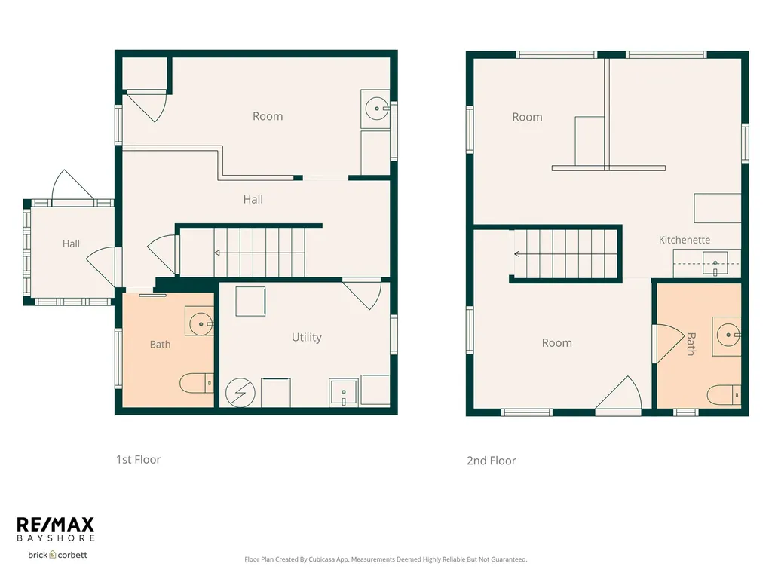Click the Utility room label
click(306, 337)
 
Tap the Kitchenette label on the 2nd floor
click(685, 240)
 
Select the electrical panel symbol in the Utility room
click(240, 392)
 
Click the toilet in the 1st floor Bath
click(197, 383)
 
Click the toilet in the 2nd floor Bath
click(724, 394)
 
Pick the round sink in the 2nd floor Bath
click(727, 336)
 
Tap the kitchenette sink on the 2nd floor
click(715, 264)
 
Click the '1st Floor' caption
click(139, 459)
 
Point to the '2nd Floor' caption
click(492, 461)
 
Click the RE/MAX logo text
click(55, 525)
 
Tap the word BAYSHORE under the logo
click(55, 538)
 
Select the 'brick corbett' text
click(57, 555)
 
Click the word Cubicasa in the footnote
click(323, 559)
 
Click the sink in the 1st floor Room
click(376, 109)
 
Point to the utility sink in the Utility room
click(344, 392)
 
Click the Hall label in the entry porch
click(71, 244)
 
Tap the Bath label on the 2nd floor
click(691, 344)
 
